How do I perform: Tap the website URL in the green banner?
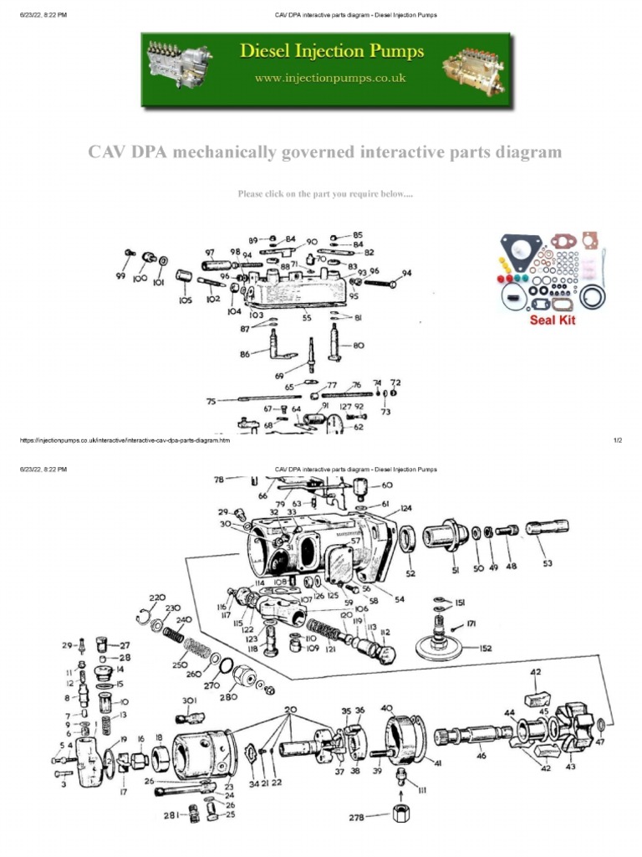coord(332,78)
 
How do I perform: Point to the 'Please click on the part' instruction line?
coord(325,194)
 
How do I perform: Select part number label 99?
coord(120,275)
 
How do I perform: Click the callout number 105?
coord(185,300)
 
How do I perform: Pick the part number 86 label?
coord(245,354)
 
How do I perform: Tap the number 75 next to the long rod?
coord(211,402)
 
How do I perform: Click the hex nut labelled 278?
coord(395,816)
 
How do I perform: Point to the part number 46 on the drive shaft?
coord(481,756)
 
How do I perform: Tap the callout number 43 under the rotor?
coord(571,767)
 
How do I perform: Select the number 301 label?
coord(189,700)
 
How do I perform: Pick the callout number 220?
coord(156,598)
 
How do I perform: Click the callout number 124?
coord(405,508)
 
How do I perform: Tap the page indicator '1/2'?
coord(618,440)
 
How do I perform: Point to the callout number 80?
coord(359,345)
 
